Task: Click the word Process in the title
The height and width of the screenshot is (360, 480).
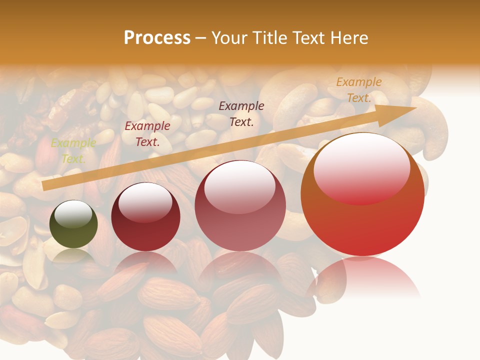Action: (157, 38)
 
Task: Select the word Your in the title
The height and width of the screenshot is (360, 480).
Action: (230, 38)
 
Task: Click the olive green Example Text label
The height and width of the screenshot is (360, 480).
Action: (73, 151)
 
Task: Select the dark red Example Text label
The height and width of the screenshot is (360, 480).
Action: (147, 134)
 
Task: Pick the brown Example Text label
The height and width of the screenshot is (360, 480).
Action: (241, 113)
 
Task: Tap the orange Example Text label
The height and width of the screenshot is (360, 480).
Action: (358, 90)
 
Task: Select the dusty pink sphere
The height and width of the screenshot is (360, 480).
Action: (240, 205)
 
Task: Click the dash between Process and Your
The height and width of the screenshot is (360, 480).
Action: (201, 38)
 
